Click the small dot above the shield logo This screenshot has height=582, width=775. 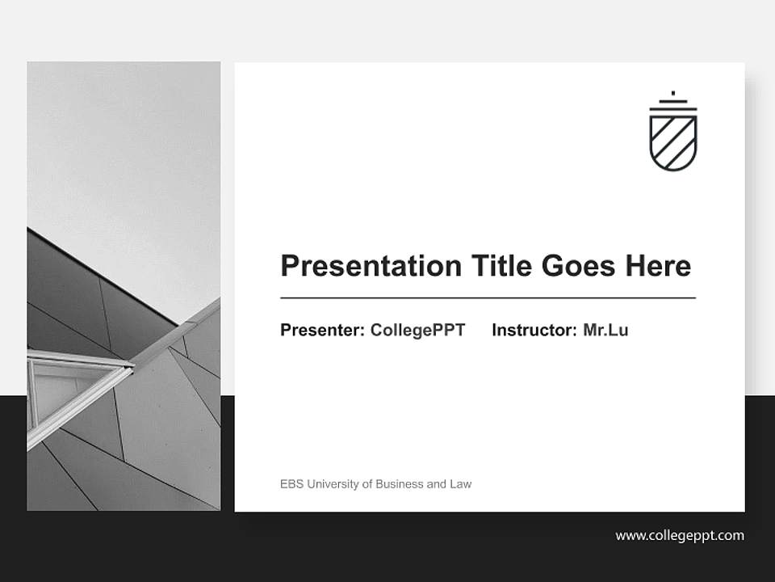coord(672,93)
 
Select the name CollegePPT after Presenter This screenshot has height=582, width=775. coord(417,330)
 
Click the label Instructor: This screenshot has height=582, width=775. coord(534,330)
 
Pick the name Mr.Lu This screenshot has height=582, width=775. coord(605,330)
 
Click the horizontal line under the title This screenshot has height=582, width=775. coord(488,298)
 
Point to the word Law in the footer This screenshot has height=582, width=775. coord(461,484)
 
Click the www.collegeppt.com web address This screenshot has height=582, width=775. coord(680,535)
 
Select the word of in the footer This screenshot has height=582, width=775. coord(367,484)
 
